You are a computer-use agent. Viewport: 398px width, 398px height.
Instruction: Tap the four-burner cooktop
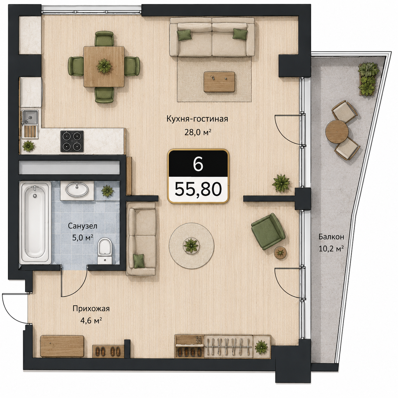click(x=72, y=141)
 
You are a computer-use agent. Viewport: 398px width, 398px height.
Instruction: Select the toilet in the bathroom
click(x=104, y=251)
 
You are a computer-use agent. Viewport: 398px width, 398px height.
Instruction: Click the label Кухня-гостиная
click(x=197, y=119)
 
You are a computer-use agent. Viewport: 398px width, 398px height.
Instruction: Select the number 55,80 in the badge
click(x=198, y=189)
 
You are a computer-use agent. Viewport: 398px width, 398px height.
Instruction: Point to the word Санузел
click(x=83, y=226)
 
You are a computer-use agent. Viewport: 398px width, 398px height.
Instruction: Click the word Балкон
click(x=331, y=237)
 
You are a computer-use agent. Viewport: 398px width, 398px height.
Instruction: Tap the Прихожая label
click(x=91, y=309)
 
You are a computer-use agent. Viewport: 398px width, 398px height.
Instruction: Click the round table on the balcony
click(x=337, y=132)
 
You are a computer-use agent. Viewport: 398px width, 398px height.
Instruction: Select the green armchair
click(x=268, y=231)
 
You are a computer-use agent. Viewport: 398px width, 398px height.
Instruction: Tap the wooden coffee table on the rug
click(x=219, y=82)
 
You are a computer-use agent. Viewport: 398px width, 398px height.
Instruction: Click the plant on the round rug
click(x=191, y=245)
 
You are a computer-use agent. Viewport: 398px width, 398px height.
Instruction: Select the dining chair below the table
click(x=104, y=95)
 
